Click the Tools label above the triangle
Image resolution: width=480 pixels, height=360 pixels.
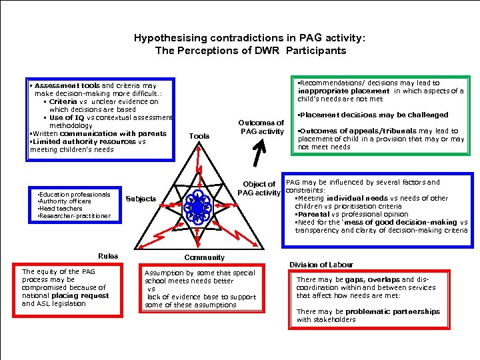pos(199,136)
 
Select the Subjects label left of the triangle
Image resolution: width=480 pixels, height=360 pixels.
pos(141,199)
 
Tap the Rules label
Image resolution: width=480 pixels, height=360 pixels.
pos(108,256)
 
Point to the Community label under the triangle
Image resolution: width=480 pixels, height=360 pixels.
pos(204,257)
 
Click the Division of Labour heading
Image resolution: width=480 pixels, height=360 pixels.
pos(321,265)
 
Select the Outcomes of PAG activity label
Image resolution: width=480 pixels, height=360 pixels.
pos(261,127)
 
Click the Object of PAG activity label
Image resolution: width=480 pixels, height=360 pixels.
pos(259,188)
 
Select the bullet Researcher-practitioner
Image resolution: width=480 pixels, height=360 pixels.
pos(74,216)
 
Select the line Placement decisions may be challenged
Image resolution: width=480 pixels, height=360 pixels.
pos(373,115)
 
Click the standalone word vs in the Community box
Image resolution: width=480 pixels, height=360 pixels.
pos(151,289)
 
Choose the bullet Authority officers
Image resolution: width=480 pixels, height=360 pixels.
pos(65,201)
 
